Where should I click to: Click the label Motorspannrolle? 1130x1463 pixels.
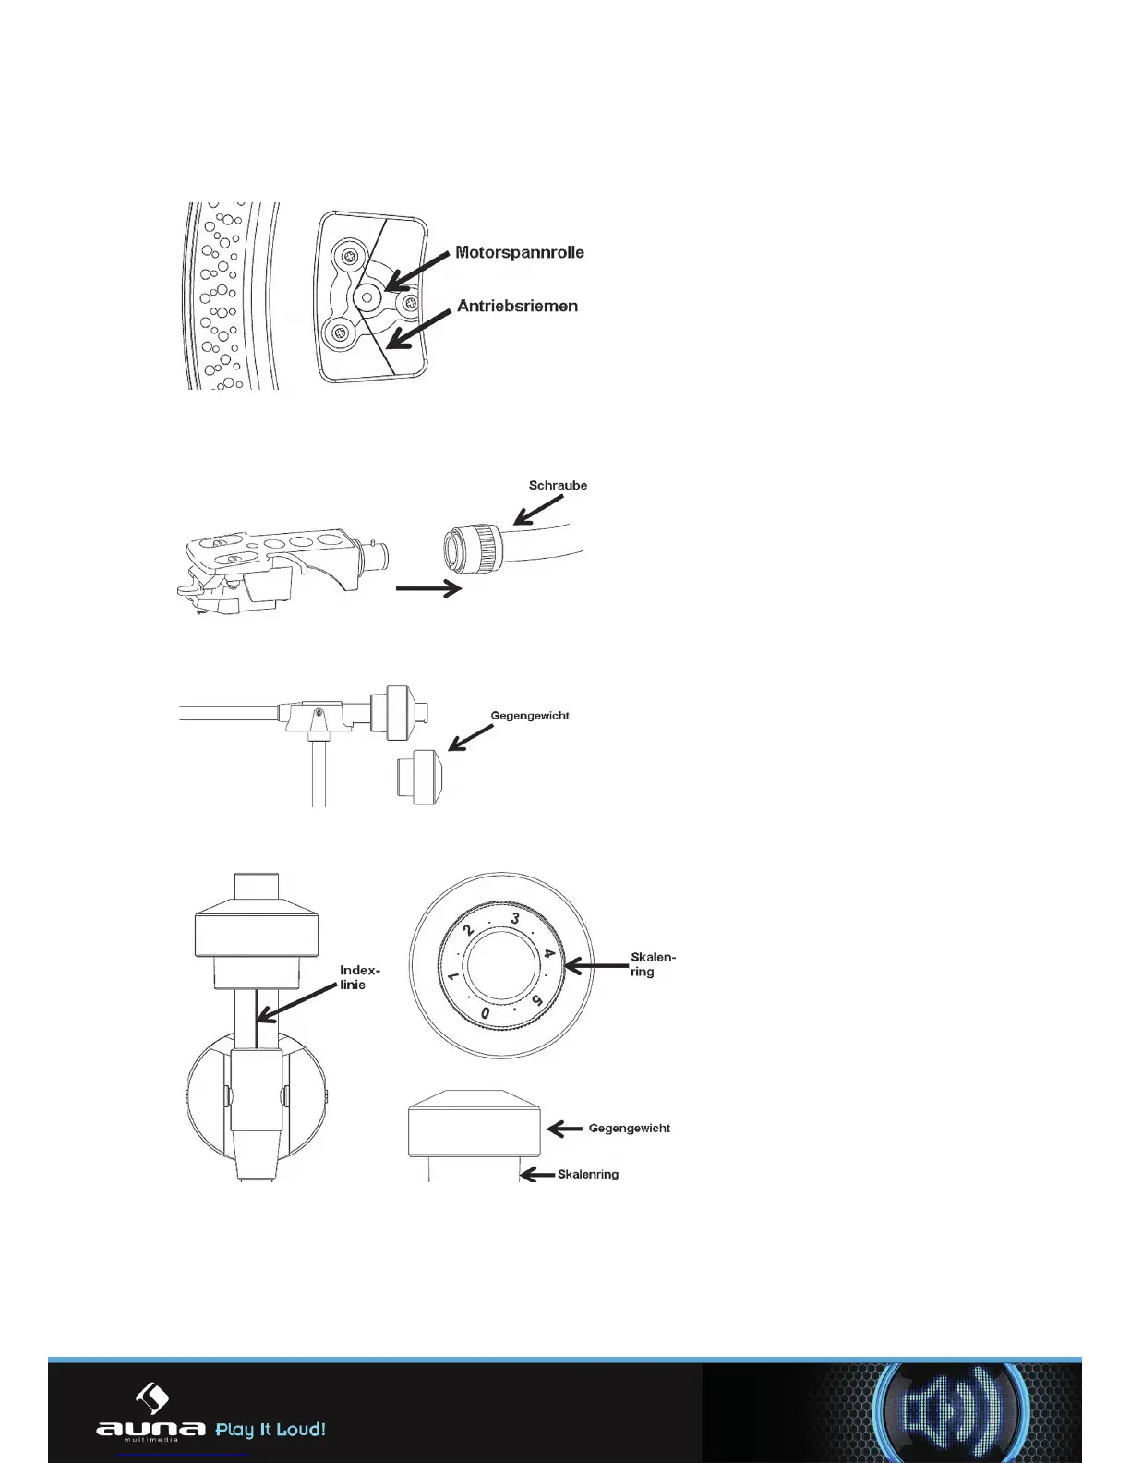coord(519,252)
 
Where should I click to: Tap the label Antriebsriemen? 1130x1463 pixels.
coord(517,306)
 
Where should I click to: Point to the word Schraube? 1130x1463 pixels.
coord(558,485)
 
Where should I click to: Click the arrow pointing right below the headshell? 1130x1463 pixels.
coord(427,588)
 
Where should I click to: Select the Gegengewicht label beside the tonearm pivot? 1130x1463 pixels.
coord(529,716)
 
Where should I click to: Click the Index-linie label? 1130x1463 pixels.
coord(360,977)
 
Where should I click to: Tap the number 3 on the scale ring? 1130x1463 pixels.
coord(515,919)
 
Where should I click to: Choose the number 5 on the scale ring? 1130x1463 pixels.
coord(536,999)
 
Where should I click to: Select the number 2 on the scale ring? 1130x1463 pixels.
coord(469,930)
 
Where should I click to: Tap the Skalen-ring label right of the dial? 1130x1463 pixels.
coord(652,964)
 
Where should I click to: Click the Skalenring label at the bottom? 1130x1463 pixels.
coord(588,1175)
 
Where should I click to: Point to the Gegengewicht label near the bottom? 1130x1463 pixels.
coord(629,1129)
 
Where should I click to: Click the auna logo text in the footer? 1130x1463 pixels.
coord(150,1429)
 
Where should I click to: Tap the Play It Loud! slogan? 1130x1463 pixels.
coord(270,1430)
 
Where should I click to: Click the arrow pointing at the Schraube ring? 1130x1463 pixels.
coord(538,507)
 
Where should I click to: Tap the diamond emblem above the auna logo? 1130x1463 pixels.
coord(151,1396)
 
